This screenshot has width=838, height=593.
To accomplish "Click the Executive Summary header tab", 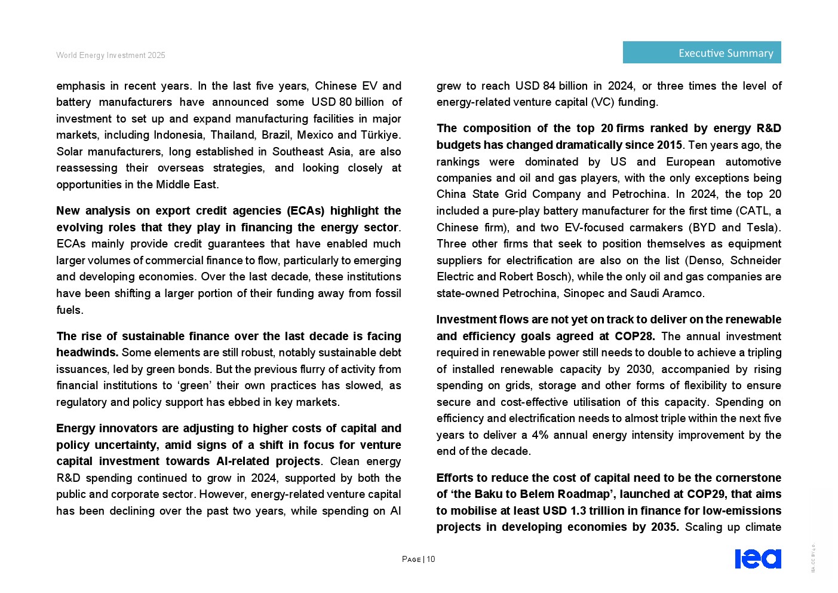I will (702, 53).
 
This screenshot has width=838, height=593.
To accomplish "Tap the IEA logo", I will (757, 558).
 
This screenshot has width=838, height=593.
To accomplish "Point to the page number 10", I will (431, 560).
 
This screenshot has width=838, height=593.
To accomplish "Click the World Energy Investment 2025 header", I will (110, 56).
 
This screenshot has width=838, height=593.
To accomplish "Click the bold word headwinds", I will (87, 353).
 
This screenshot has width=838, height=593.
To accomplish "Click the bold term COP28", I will (634, 337).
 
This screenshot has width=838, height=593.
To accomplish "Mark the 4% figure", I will (540, 435).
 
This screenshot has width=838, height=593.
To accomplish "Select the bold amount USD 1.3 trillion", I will (581, 511).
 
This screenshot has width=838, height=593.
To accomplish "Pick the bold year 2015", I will (669, 145).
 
